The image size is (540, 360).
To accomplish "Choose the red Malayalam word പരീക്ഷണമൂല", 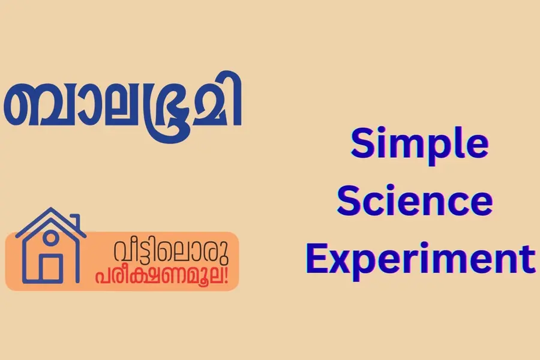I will tap(162, 275).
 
